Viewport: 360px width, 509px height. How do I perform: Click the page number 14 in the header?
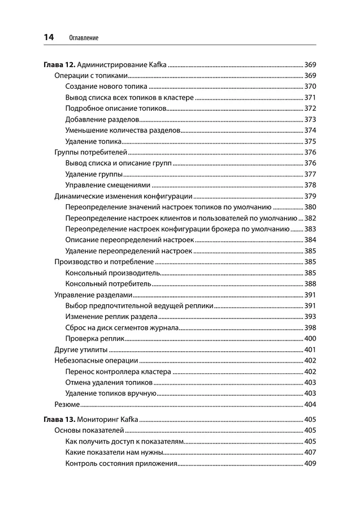coord(49,37)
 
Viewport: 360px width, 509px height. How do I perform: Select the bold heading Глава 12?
coord(59,66)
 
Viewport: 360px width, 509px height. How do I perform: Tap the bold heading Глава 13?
coord(59,420)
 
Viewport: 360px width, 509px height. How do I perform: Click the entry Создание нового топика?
coord(106,87)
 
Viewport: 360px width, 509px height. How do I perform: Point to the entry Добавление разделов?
coord(102,119)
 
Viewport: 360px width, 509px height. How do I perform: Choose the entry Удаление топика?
coord(93,141)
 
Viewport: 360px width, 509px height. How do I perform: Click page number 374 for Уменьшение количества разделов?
coord(310,130)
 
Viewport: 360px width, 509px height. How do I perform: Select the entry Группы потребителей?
coord(90,153)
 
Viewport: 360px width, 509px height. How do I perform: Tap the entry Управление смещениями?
coord(108,185)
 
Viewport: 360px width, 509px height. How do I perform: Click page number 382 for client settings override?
coord(310,218)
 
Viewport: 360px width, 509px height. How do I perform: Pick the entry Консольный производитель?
coord(112,273)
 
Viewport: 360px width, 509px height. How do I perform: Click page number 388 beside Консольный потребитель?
coord(310,283)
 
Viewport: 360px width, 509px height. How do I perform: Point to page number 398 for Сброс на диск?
coord(310,327)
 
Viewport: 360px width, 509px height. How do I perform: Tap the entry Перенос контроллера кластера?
coord(118,372)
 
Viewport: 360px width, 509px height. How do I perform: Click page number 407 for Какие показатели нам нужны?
coord(310,453)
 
